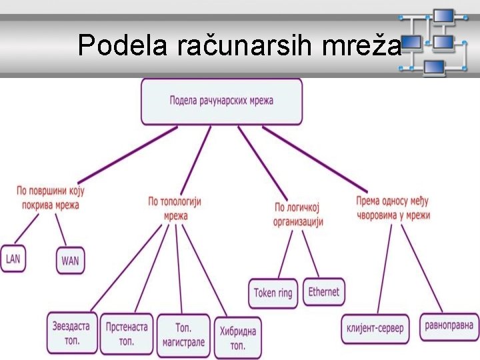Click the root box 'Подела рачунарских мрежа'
[221, 101]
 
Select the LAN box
[13, 259]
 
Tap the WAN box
[70, 261]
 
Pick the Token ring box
[273, 293]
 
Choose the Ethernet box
[324, 291]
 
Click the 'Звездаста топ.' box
[72, 333]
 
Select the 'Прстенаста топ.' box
[127, 333]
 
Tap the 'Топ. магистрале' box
[183, 335]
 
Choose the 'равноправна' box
[450, 326]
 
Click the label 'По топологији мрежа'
[175, 208]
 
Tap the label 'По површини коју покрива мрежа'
[51, 198]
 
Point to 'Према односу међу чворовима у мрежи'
[393, 208]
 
